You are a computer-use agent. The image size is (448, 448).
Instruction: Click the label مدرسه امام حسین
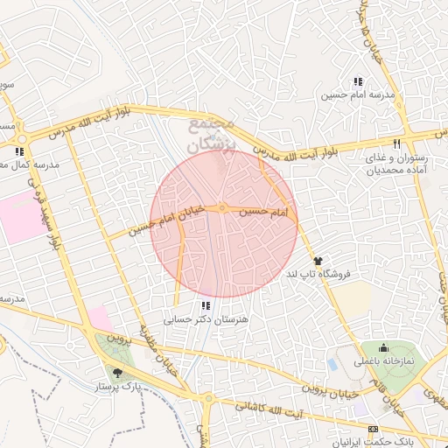(x=358, y=94)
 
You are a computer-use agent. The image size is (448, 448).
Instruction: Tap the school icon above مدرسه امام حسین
(x=357, y=81)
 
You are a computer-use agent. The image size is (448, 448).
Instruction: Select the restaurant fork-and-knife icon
(x=397, y=143)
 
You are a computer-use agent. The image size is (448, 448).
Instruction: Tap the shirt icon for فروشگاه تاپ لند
(x=318, y=260)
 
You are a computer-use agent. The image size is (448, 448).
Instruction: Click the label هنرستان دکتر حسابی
(x=206, y=320)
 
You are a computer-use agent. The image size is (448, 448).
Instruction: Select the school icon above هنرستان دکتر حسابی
(x=206, y=305)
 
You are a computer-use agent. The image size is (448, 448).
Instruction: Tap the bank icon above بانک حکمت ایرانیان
(x=374, y=429)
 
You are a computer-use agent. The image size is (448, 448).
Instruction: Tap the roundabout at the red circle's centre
(x=224, y=208)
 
